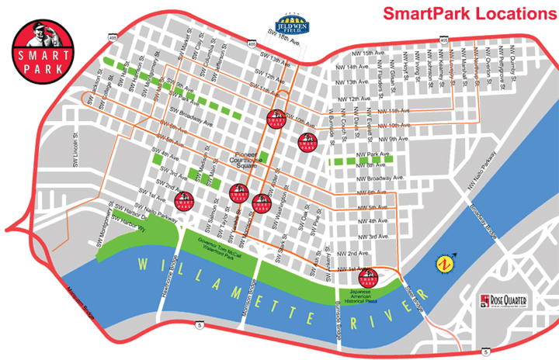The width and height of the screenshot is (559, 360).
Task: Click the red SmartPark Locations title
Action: [466, 14]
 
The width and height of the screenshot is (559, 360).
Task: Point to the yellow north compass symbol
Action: [445, 263]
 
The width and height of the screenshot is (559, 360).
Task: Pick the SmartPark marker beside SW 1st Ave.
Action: [184, 202]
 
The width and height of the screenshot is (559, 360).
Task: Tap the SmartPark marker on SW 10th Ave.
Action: [273, 119]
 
